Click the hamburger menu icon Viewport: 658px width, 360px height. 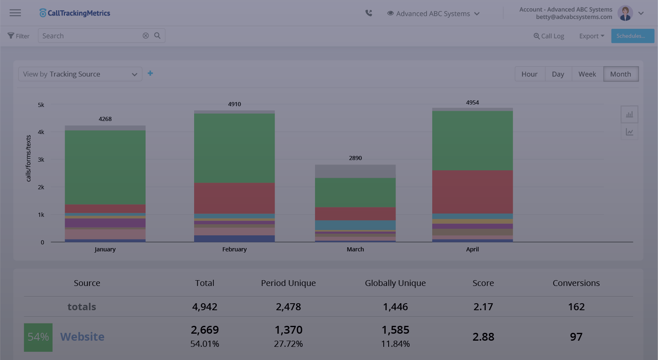(15, 13)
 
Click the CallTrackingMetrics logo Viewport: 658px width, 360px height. (75, 13)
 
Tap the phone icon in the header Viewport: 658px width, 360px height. (369, 13)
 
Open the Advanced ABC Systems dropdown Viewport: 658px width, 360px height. (433, 14)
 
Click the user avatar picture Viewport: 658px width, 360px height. (625, 13)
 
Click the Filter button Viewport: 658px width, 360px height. (19, 36)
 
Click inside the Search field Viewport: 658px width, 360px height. (90, 36)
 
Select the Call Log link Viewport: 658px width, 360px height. (549, 36)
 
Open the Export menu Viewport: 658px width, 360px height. (591, 36)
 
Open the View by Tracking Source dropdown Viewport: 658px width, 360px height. (80, 74)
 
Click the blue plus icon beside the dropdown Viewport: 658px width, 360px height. (151, 73)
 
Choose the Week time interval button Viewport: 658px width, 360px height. (587, 74)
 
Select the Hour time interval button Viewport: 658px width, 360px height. (529, 74)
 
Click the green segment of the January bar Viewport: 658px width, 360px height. (105, 167)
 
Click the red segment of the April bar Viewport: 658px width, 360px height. (472, 192)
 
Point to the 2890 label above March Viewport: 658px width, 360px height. (355, 158)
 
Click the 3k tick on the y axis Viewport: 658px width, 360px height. (41, 160)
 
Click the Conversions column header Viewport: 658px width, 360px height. (576, 283)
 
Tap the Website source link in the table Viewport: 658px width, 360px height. (82, 337)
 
